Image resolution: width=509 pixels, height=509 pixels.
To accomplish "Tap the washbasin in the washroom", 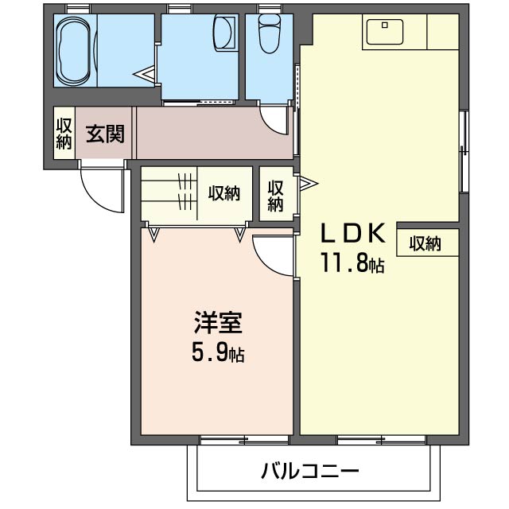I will coord(224,33).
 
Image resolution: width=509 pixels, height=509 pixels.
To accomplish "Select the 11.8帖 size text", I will coord(352,262).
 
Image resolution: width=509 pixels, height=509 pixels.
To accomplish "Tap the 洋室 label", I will coord(217,324).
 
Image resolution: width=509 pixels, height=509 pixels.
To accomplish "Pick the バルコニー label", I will coord(310,471).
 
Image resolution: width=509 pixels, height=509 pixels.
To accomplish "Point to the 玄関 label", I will coord(105,134).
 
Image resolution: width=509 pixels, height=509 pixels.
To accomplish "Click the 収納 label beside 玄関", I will coord(64,134).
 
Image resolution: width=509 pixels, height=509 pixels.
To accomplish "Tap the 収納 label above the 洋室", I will coord(224,193).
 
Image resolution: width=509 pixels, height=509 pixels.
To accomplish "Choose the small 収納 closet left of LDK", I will coord(275,195).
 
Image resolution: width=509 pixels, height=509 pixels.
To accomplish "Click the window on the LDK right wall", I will coord(463,151).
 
